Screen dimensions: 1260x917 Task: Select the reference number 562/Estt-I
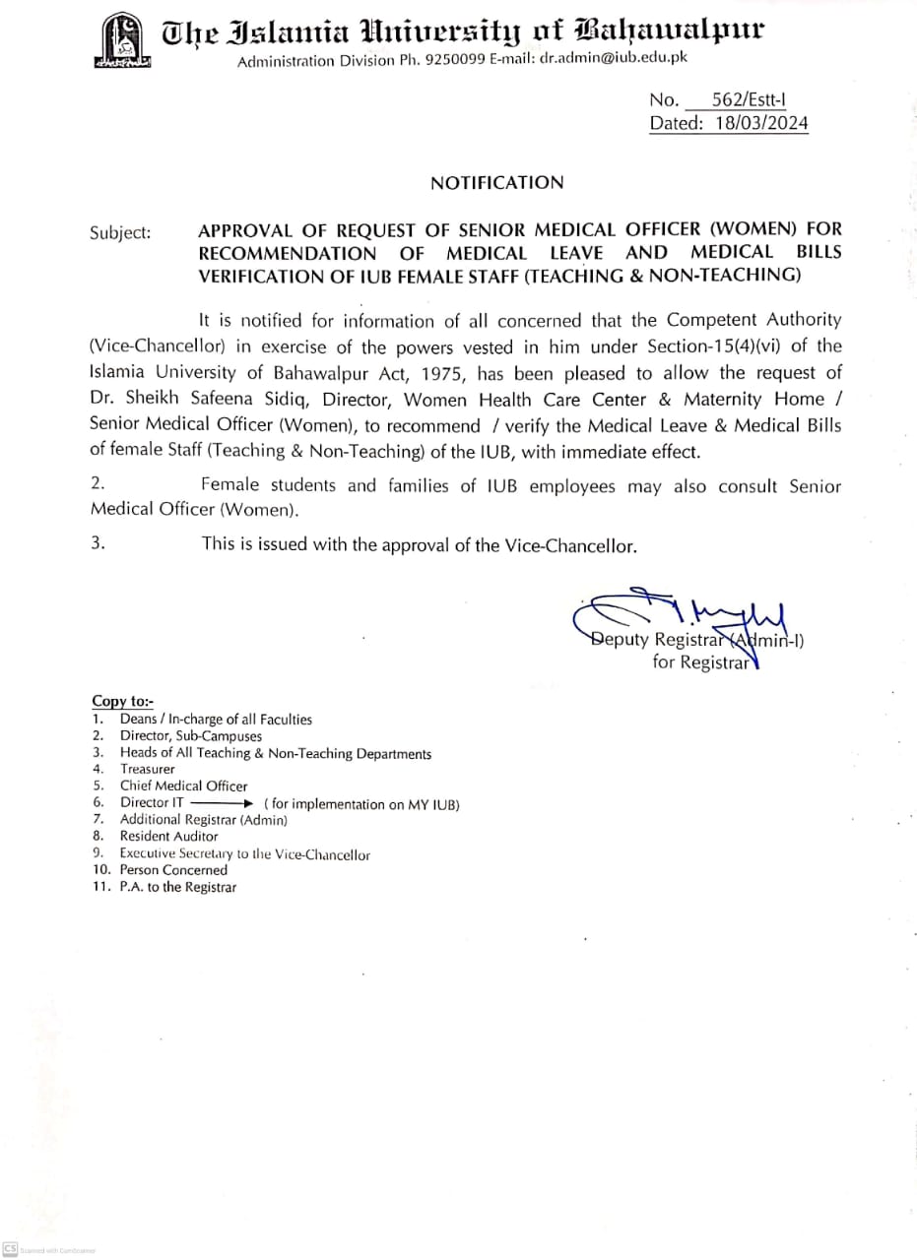(749, 99)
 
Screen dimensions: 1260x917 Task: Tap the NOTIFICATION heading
(496, 182)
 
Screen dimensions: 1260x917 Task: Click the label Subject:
(120, 233)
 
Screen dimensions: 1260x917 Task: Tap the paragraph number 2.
(98, 484)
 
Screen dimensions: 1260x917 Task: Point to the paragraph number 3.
(98, 542)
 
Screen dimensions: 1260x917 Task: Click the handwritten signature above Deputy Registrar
(680, 612)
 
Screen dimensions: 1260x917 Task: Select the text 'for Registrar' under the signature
(700, 662)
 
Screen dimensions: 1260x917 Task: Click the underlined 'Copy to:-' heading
(122, 701)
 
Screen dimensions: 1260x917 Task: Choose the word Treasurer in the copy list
(148, 769)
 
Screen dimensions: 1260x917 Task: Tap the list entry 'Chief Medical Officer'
(184, 786)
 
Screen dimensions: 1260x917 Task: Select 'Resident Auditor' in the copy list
(168, 837)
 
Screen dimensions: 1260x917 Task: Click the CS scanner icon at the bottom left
(10, 1249)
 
